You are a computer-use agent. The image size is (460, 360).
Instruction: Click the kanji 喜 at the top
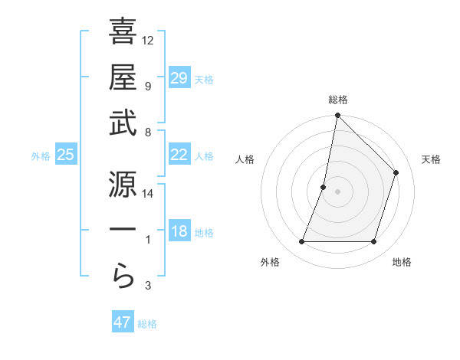(x=123, y=33)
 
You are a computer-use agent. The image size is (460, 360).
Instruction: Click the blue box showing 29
(x=179, y=78)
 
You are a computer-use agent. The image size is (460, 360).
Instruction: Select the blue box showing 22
(x=179, y=155)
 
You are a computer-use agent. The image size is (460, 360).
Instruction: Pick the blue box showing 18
(x=179, y=231)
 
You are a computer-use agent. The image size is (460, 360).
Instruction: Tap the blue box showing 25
(x=66, y=155)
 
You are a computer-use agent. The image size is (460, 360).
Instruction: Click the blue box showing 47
(x=123, y=322)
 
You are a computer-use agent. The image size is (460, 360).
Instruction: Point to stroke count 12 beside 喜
(x=149, y=40)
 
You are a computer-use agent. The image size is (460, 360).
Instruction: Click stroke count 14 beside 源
(x=149, y=193)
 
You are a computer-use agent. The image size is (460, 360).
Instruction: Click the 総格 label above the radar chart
(x=338, y=100)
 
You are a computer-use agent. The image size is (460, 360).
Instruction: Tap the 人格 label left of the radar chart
(x=245, y=159)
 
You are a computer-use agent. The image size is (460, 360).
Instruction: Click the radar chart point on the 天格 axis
(x=396, y=172)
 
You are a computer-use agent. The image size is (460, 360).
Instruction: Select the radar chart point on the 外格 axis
(x=301, y=242)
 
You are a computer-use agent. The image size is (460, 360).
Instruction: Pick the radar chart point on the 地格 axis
(x=374, y=242)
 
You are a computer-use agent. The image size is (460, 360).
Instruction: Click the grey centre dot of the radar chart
(x=337, y=191)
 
